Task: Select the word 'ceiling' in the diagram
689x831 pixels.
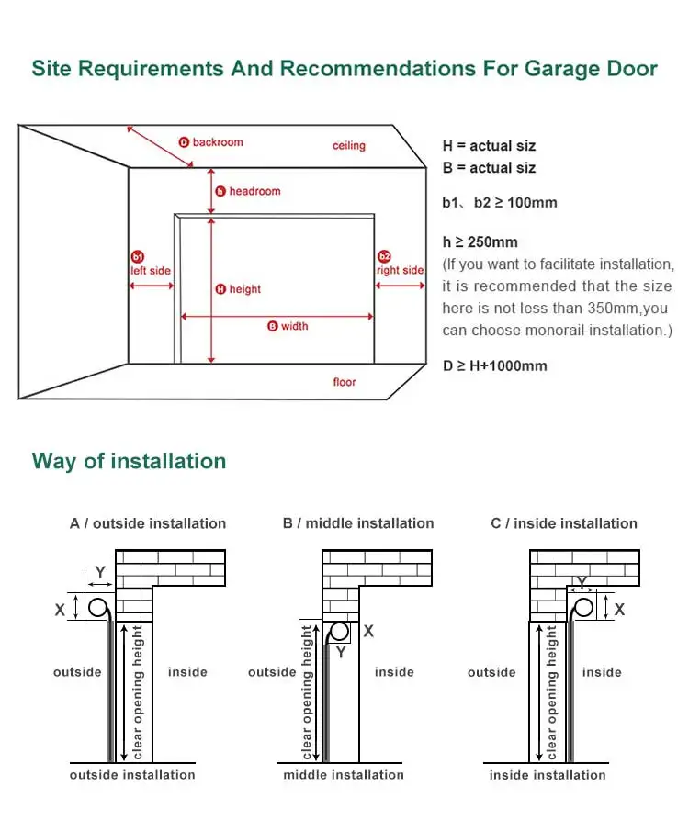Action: (x=349, y=145)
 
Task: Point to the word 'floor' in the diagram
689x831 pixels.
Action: (x=344, y=382)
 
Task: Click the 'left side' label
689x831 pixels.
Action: (x=151, y=271)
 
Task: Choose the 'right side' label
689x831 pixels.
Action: (x=401, y=270)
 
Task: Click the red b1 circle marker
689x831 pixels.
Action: (x=138, y=256)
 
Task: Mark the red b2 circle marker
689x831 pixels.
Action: (x=385, y=256)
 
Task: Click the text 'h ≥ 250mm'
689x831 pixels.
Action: (x=480, y=242)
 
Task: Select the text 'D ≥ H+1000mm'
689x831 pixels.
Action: (x=494, y=365)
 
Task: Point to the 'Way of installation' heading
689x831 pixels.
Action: (x=129, y=461)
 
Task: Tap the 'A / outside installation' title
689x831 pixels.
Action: (x=148, y=523)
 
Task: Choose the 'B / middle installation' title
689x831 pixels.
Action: (x=358, y=523)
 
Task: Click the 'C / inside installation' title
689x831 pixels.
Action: (x=564, y=523)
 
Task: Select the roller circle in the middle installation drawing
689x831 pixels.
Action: (x=340, y=632)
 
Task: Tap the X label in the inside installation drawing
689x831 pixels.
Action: (x=620, y=609)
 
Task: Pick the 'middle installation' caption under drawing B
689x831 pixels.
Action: (x=344, y=775)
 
